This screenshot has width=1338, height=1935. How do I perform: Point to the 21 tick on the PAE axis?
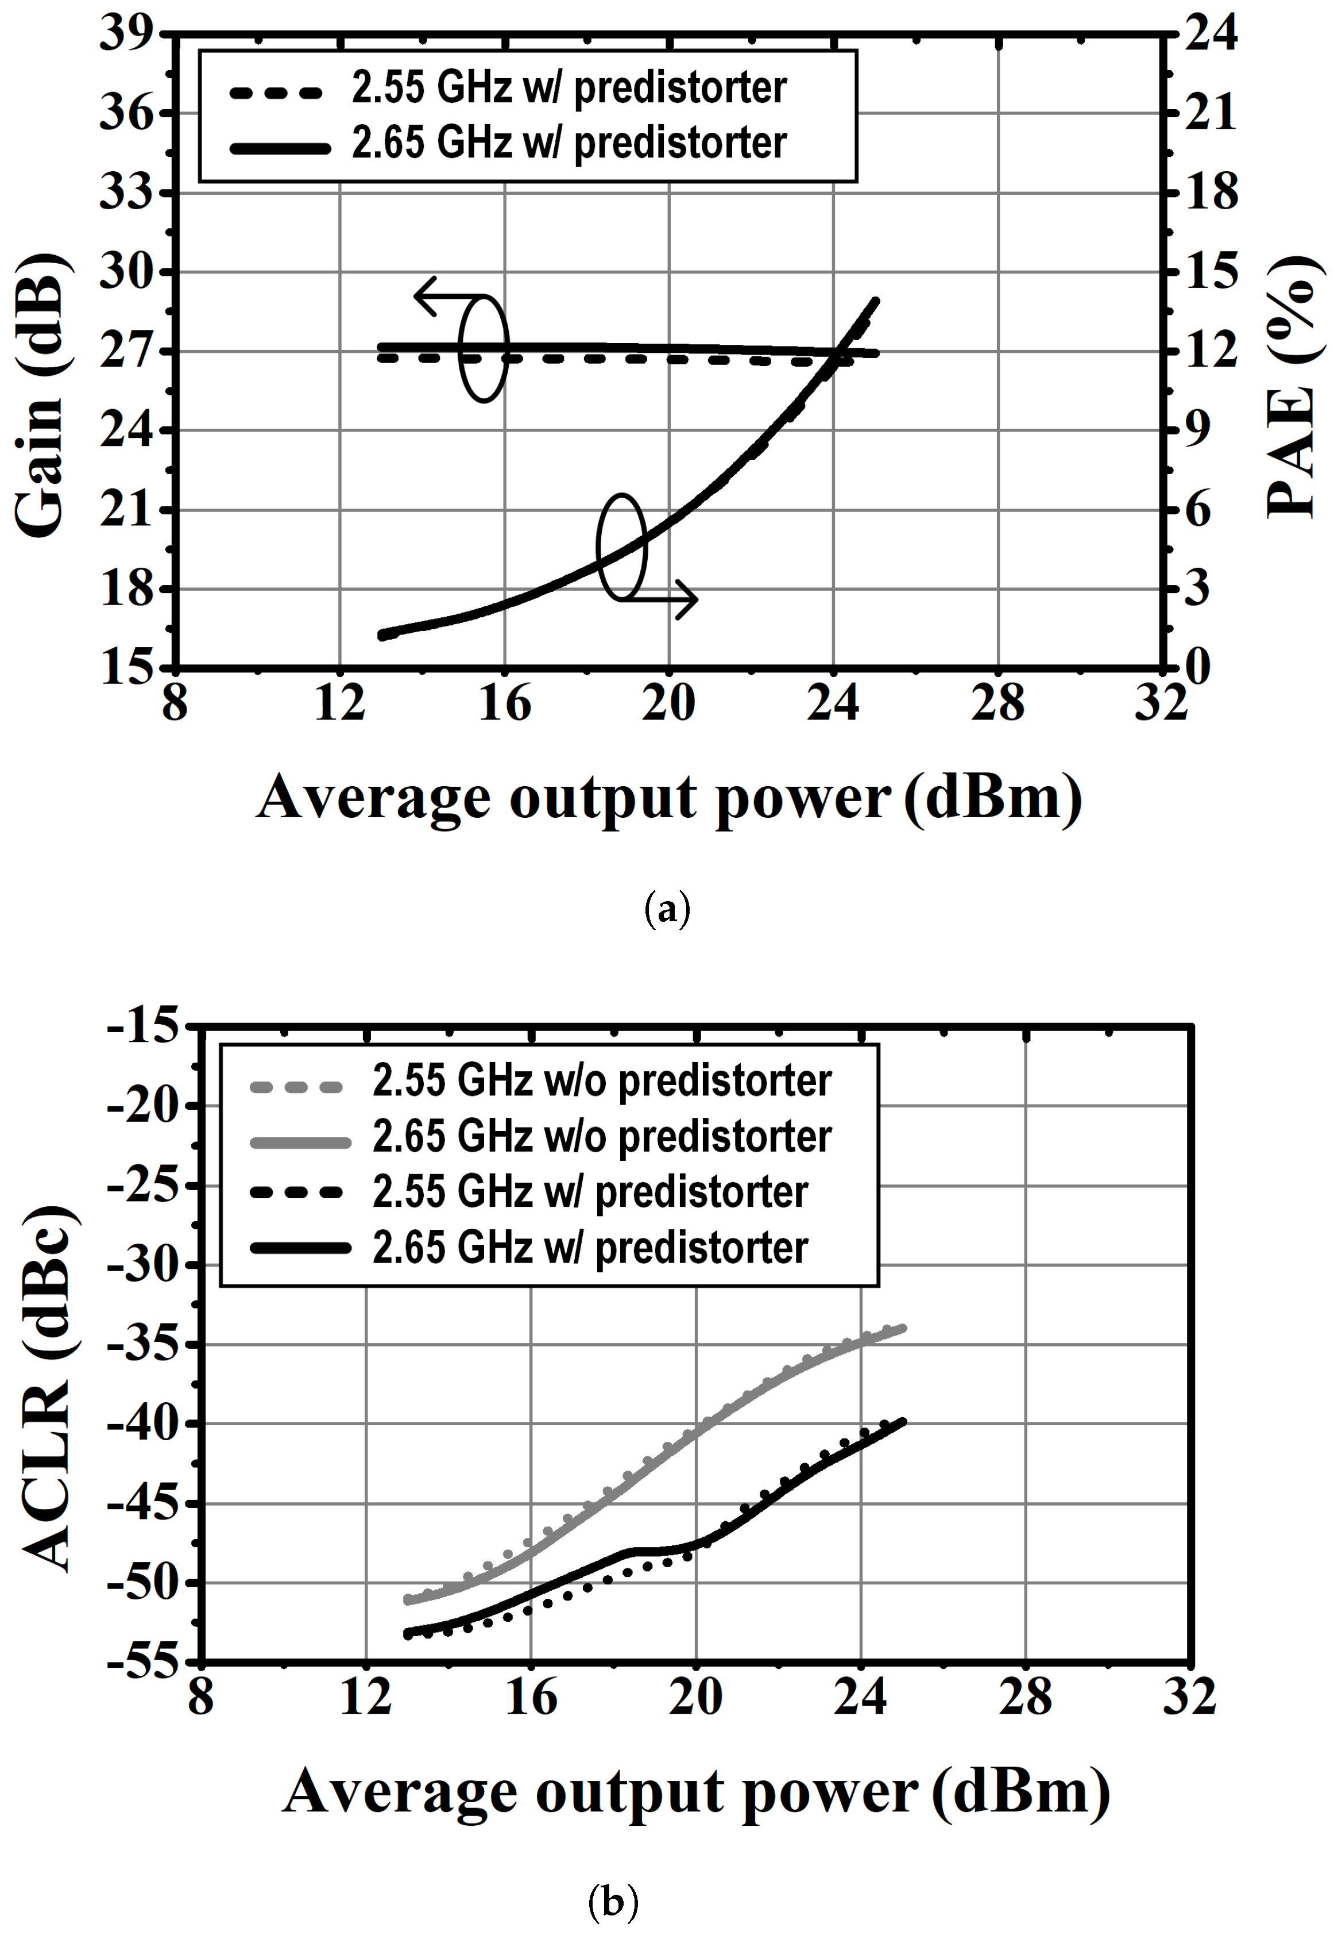coord(1211,113)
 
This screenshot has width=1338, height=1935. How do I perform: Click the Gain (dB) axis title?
coord(40,394)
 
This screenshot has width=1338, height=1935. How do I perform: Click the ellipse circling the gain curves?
coord(484,348)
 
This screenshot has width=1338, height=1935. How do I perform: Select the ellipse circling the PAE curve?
coord(621,547)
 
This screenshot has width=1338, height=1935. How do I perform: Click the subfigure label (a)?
coord(667,909)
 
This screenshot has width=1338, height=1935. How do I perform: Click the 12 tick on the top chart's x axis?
coord(339,703)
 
